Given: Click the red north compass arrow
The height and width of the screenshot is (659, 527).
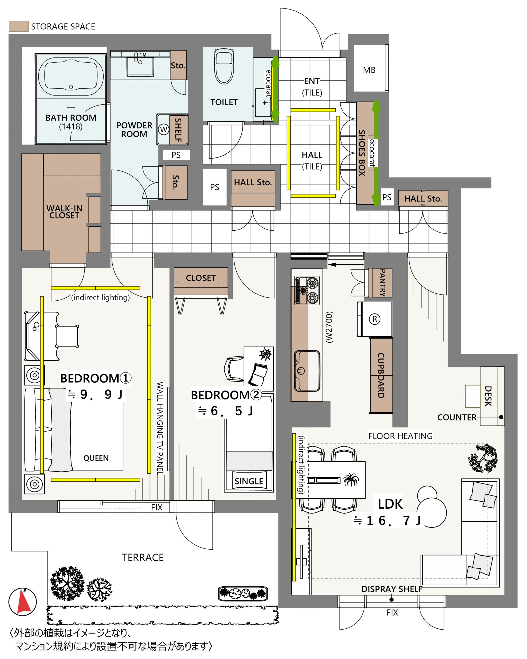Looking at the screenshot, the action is tap(23, 601).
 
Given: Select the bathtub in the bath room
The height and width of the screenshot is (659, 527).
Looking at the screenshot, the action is tap(71, 76).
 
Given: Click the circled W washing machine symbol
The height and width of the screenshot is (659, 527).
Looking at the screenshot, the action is tap(164, 129).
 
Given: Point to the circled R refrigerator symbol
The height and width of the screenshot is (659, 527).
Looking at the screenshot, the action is tap(375, 319).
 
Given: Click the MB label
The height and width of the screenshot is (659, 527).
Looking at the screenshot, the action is tap(369, 70).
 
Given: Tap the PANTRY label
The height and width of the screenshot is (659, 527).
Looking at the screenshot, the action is tap(382, 283).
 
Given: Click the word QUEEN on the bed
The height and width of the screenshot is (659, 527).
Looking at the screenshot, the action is tap(96, 458).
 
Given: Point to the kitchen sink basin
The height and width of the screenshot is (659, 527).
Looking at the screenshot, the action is tap(307, 371).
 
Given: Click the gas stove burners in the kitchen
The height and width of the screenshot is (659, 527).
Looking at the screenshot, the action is tap(307, 290).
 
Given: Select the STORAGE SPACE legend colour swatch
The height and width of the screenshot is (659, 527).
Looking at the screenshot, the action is tap(19, 26).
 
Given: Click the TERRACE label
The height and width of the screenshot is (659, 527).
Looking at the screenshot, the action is tap(143, 558).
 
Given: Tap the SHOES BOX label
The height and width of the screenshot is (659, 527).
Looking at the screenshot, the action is tap(362, 153).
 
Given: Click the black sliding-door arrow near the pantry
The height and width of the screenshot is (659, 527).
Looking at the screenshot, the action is tap(346, 265).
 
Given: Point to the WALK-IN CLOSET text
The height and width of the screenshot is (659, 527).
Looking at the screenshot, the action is tap(64, 212).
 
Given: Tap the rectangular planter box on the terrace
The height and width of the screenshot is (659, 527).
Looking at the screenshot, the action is tap(243, 594).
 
